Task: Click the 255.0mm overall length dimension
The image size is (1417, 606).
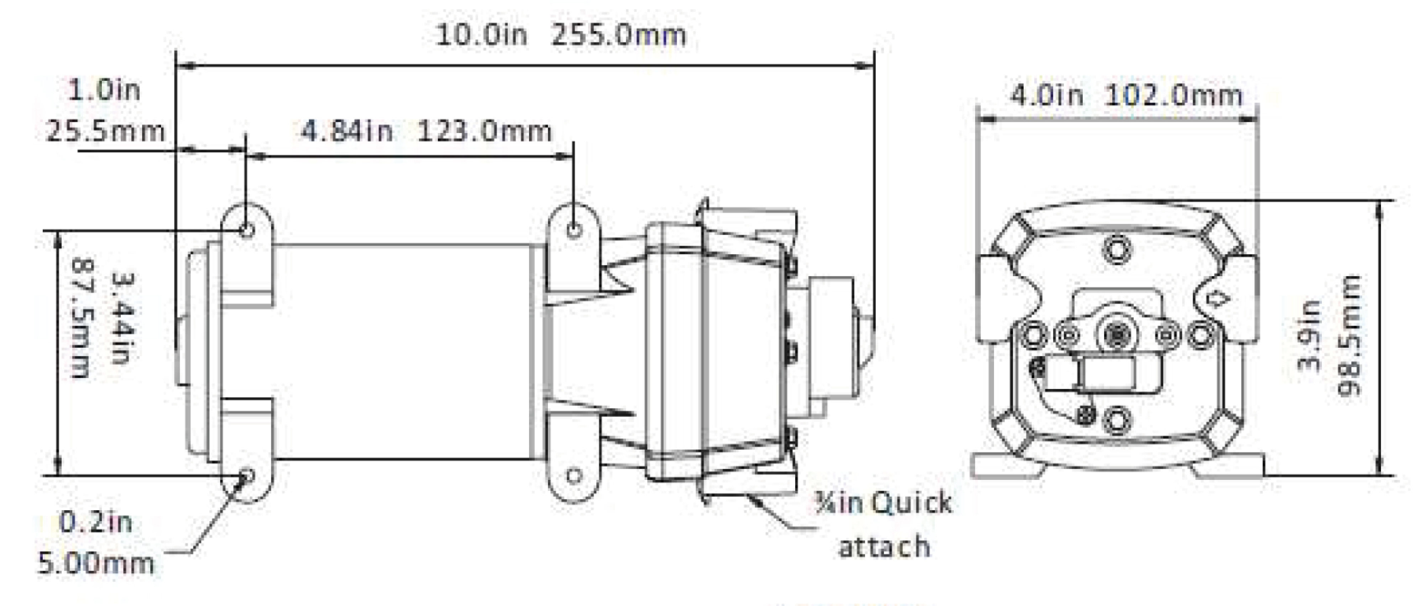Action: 619,36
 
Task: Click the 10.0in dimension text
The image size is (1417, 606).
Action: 481,36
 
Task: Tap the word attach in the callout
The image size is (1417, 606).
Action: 884,547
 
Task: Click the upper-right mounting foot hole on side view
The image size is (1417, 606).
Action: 574,229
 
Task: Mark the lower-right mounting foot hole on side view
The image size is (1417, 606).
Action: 574,476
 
